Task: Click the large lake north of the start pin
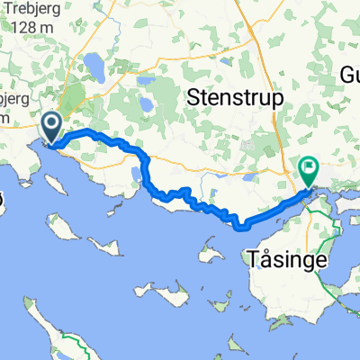click(x=93, y=65)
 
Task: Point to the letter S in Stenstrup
click(x=192, y=97)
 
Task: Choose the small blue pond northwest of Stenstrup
click(x=144, y=82)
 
